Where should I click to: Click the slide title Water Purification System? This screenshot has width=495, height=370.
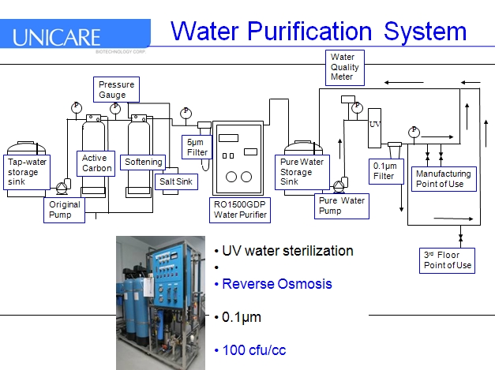point(319,31)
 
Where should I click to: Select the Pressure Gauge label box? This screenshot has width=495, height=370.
point(117,89)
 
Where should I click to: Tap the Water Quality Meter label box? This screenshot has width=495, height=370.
point(344,67)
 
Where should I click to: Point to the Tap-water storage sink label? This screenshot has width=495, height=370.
point(27,172)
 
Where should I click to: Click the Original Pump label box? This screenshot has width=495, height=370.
point(65,209)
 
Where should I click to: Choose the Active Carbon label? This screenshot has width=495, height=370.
point(97,163)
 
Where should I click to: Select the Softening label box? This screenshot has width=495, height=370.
point(143,163)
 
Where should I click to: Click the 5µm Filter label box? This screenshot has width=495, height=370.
point(197,147)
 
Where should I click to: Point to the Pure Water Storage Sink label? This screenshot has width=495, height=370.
point(297,171)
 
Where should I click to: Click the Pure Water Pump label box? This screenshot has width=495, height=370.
point(341,206)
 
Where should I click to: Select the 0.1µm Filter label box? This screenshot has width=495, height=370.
point(384,170)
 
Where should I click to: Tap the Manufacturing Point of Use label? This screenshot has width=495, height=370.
point(443,178)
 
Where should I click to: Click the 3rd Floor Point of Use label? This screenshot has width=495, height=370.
point(447,260)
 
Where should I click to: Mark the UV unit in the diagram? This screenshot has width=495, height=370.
point(374,126)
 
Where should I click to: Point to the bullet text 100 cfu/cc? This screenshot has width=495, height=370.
point(253,349)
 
